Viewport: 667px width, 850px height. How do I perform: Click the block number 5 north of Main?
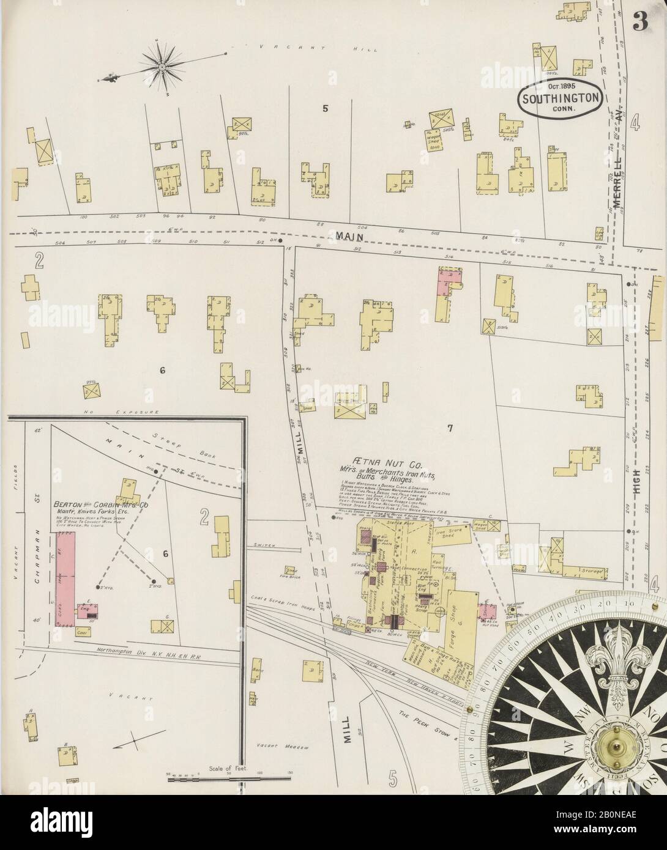(x=326, y=109)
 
